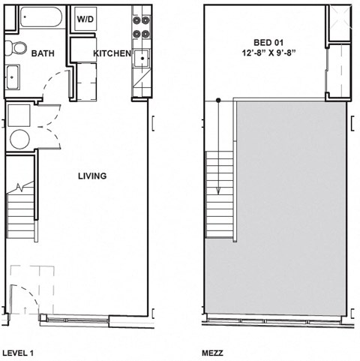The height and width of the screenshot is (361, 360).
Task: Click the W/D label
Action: [x=85, y=19]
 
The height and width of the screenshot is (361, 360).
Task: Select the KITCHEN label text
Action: [x=112, y=53]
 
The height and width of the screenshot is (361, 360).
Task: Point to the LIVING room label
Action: [x=92, y=176]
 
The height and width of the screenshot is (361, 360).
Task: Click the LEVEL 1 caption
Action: [x=19, y=351]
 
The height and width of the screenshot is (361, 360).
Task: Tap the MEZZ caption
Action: [x=213, y=351]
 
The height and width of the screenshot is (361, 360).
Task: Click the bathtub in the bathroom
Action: [x=40, y=17]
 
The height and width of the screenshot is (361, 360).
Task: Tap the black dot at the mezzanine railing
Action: [x=218, y=100]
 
